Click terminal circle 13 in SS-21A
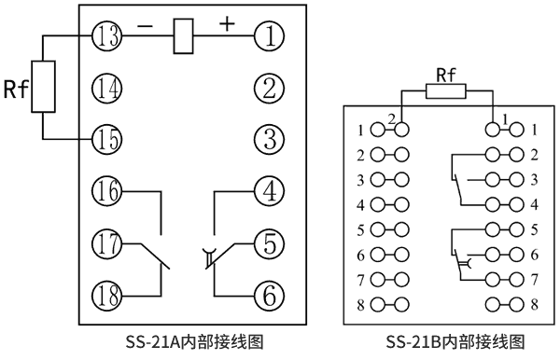[105, 37]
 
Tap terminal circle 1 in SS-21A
[269, 37]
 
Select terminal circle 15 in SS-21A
[105, 140]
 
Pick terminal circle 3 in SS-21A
[269, 140]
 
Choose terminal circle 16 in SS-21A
[105, 192]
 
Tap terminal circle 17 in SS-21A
[105, 243]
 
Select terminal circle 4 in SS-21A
[269, 192]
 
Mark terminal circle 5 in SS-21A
[269, 243]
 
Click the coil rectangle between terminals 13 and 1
[184, 37]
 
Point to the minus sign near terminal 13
[145, 25]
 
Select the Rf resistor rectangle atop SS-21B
[447, 91]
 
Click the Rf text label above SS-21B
[447, 74]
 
